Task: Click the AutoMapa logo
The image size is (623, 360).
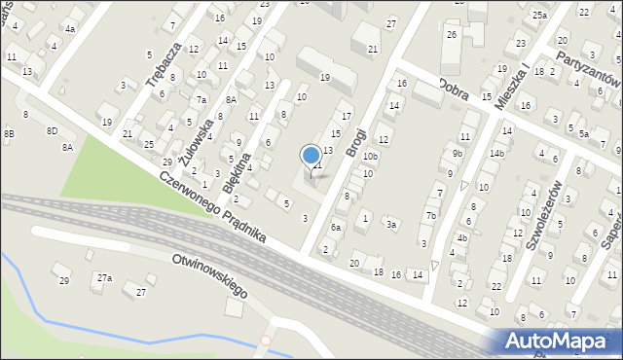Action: [557, 341]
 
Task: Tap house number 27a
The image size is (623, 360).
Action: [104, 278]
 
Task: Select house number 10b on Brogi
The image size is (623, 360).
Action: [370, 156]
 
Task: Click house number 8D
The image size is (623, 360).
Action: [53, 130]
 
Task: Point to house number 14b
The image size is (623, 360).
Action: [497, 153]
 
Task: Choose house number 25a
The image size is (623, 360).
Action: [539, 16]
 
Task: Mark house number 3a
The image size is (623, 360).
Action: [391, 224]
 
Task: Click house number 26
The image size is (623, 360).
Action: [451, 35]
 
